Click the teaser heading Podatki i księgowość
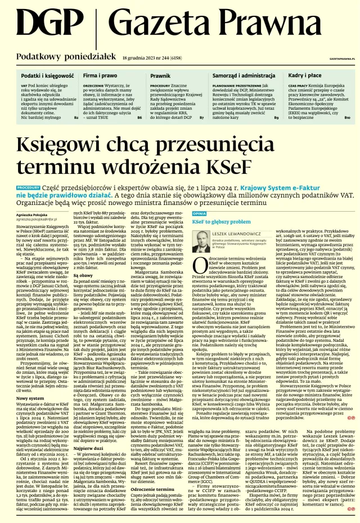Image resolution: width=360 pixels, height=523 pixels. click(x=48, y=74)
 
